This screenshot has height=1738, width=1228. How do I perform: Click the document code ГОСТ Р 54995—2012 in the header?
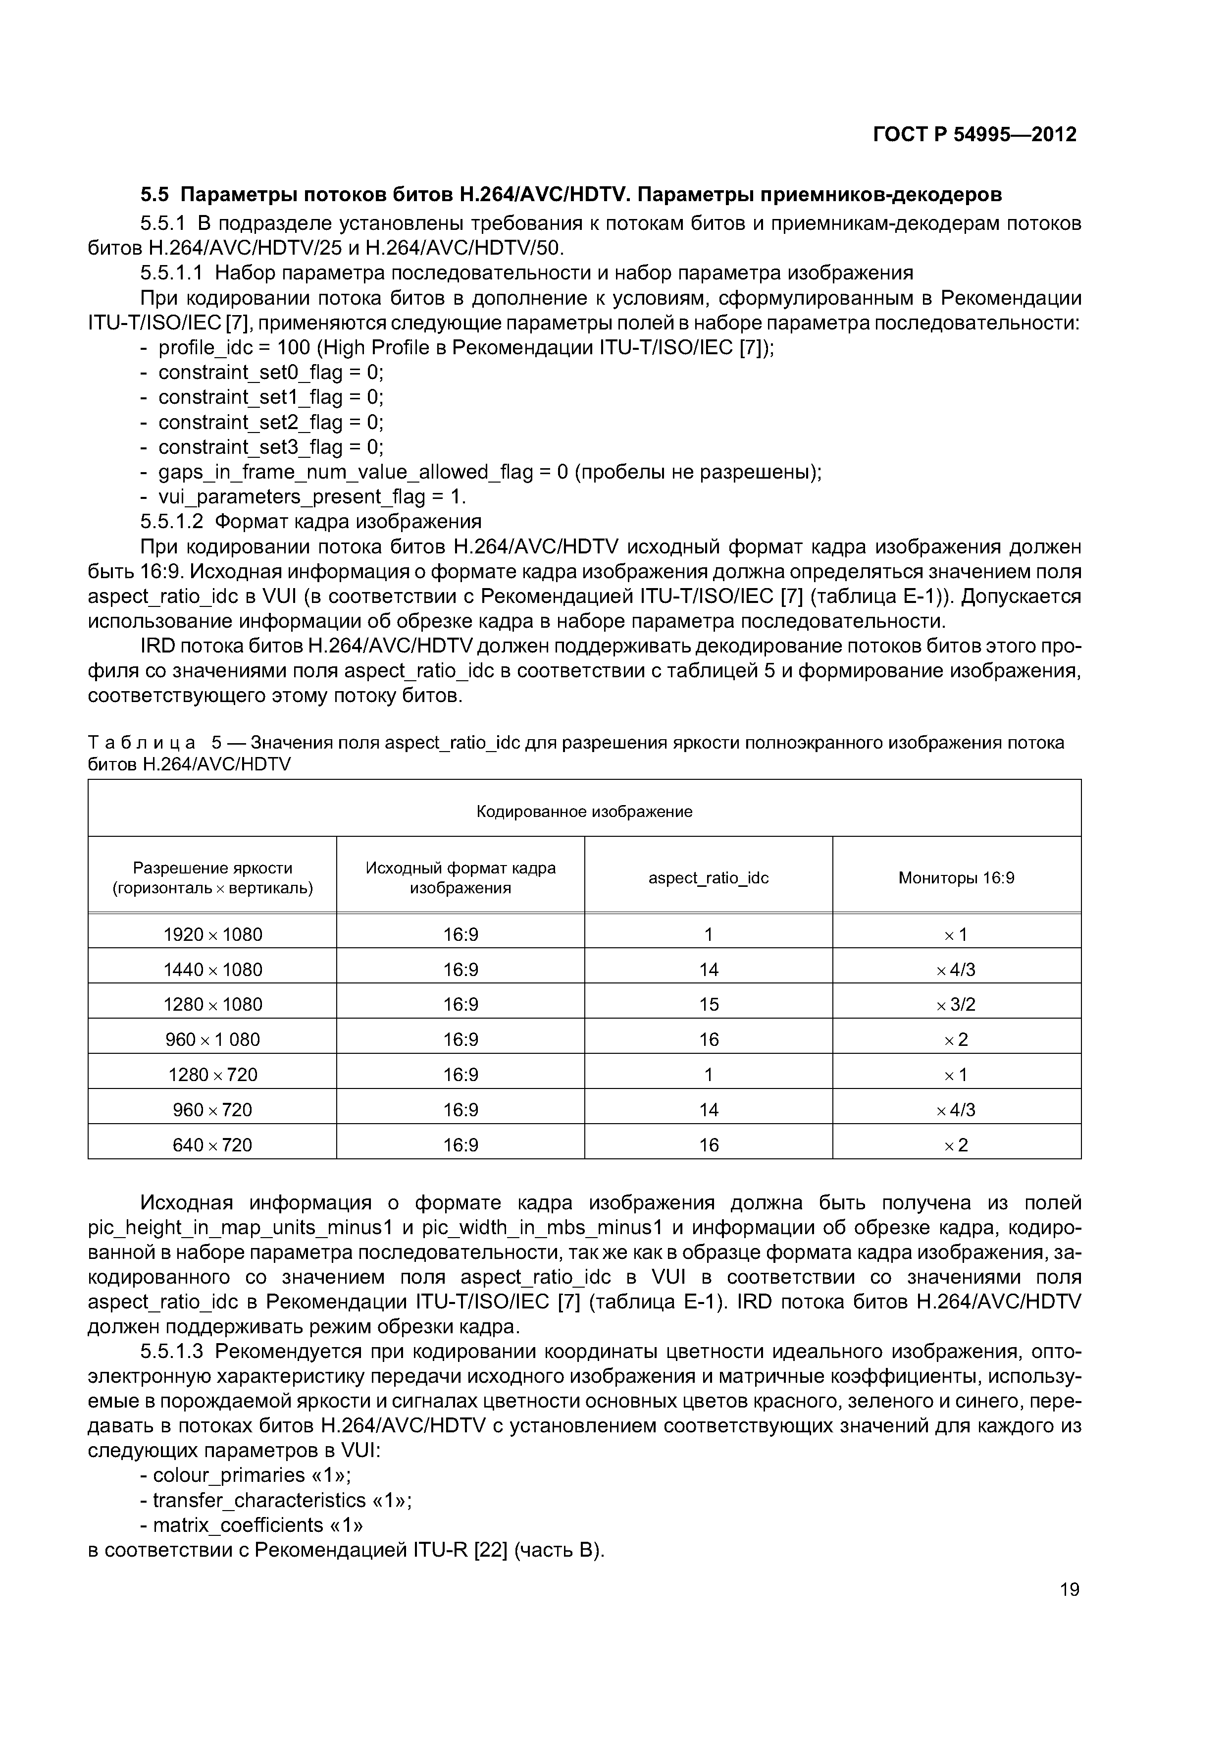(x=974, y=135)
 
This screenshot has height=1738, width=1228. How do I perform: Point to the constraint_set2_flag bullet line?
(x=270, y=422)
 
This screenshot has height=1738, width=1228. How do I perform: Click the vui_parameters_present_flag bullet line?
(x=312, y=496)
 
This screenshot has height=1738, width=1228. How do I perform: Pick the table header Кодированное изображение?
(x=584, y=812)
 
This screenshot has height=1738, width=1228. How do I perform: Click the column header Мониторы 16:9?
(x=956, y=877)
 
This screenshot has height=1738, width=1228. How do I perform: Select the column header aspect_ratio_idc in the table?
(x=708, y=877)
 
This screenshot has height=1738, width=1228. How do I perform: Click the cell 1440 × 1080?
(x=212, y=969)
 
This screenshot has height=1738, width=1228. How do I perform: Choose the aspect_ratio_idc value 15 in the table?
(x=708, y=1004)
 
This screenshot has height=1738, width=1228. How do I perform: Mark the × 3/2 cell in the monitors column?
(x=956, y=1004)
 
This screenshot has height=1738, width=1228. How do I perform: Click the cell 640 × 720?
(x=212, y=1144)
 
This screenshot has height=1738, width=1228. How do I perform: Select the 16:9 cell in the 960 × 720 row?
(x=460, y=1110)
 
